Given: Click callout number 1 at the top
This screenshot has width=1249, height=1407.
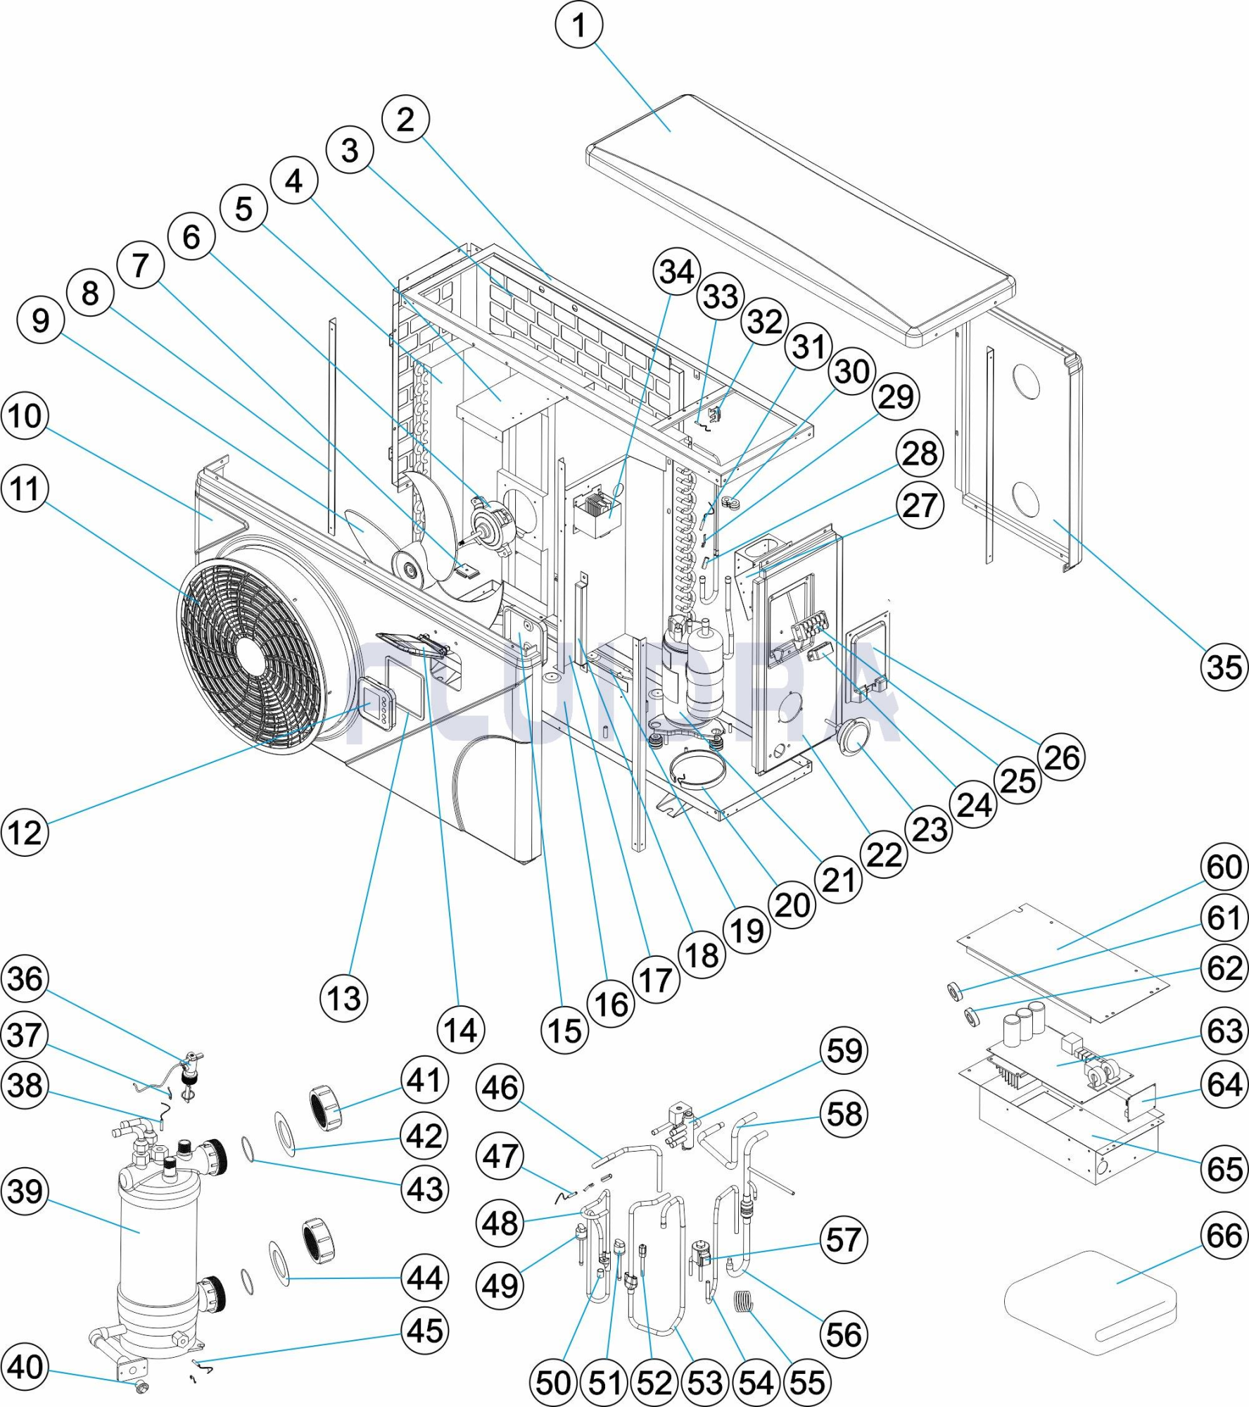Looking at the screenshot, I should [579, 25].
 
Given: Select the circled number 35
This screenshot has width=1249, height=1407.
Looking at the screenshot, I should [1224, 666].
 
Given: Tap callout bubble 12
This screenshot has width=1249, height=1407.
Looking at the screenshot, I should [25, 832].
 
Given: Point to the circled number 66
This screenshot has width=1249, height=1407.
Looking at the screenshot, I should [1224, 1236].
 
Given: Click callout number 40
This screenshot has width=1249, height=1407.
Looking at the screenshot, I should [25, 1368].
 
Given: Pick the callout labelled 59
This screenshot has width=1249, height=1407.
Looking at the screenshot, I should [844, 1050].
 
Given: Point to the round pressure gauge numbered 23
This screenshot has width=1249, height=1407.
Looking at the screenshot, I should [852, 737].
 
